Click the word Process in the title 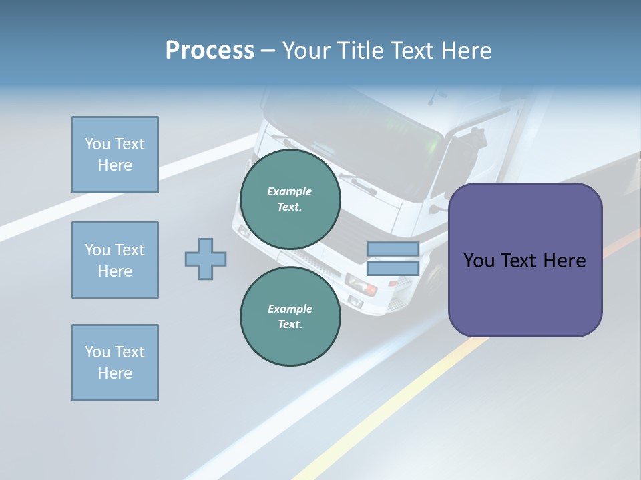click(210, 51)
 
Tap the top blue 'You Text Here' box click(115, 155)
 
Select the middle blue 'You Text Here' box click(115, 260)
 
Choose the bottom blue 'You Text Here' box click(115, 363)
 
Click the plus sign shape click(206, 259)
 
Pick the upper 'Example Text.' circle click(290, 199)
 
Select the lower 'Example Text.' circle click(290, 317)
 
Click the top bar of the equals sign click(393, 249)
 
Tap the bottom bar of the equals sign click(393, 268)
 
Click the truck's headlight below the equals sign click(361, 287)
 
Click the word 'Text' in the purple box click(522, 261)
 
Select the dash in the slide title click(268, 51)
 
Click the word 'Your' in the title click(305, 51)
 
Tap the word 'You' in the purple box click(479, 261)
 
